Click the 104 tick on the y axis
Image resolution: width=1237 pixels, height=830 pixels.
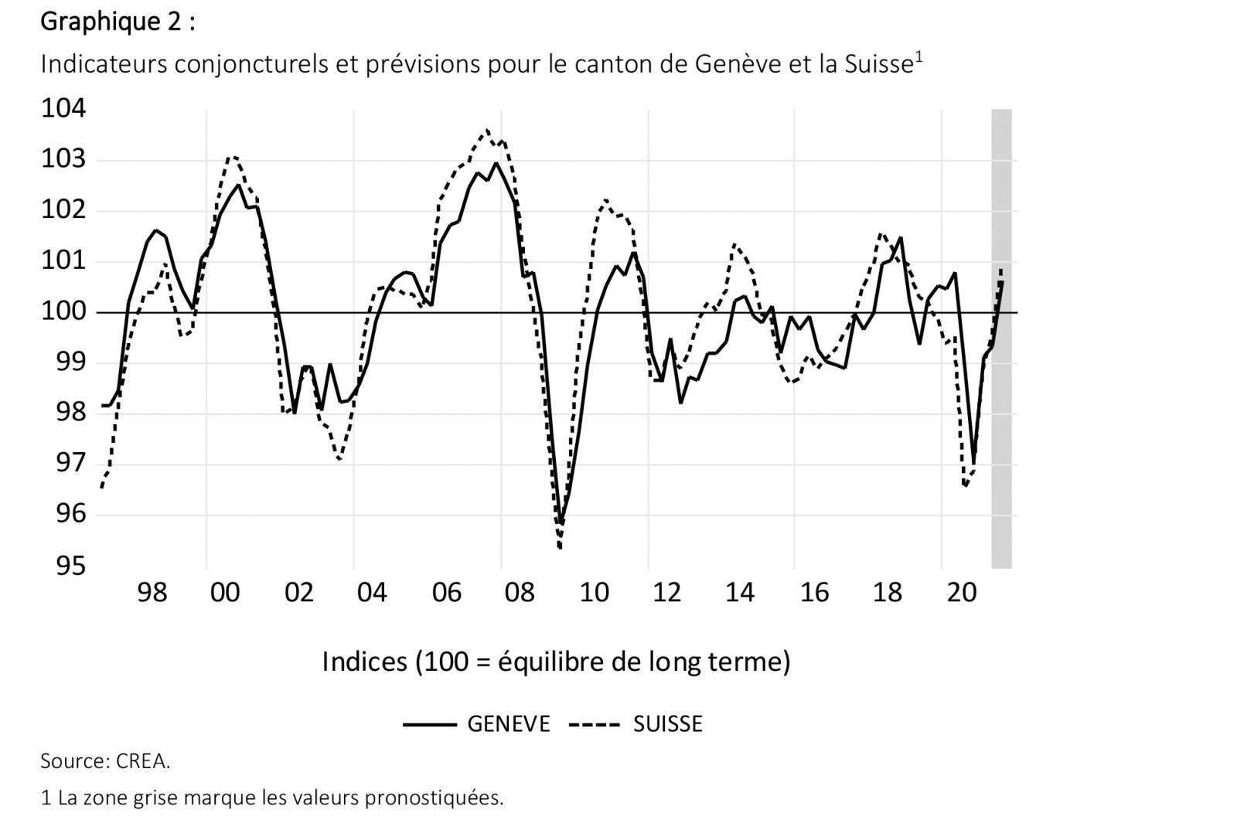(63, 109)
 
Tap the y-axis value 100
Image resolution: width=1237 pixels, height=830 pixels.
(63, 312)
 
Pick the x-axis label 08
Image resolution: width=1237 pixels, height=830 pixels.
(520, 594)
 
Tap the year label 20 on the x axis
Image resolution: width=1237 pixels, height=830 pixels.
(961, 594)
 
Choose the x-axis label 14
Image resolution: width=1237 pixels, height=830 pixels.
(740, 594)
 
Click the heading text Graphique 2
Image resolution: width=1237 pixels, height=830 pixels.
(117, 22)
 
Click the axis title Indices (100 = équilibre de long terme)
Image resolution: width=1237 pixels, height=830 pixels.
(556, 662)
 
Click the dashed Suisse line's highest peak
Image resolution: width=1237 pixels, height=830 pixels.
(486, 131)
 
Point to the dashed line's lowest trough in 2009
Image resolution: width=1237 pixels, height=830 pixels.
(559, 547)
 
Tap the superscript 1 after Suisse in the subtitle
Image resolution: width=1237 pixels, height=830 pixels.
(918, 56)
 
